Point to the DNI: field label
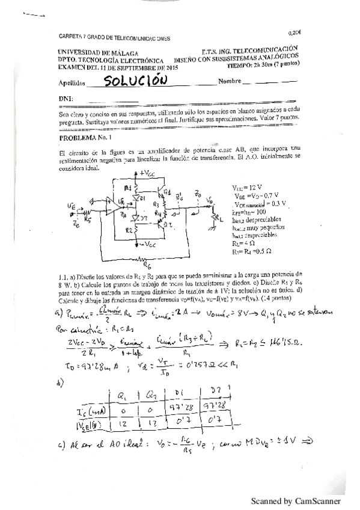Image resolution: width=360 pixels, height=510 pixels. coord(66,98)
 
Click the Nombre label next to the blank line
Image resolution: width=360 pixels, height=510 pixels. coord(231,81)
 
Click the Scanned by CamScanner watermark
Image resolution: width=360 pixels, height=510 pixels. coord(296,500)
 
